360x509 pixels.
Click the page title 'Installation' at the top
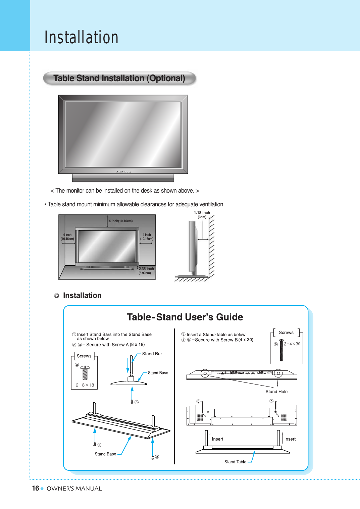(82, 37)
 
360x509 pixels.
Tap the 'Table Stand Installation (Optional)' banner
(119, 78)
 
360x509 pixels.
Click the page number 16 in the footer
(35, 488)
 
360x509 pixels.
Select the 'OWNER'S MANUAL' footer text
(74, 489)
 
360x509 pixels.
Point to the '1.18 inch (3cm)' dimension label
(202, 214)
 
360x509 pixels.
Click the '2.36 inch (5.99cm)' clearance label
(146, 270)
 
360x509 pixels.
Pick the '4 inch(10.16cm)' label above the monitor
(121, 221)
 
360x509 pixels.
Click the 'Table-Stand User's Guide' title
(185, 317)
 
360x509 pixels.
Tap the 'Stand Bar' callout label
(152, 354)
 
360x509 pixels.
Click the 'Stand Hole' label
(276, 392)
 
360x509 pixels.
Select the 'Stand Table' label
(235, 462)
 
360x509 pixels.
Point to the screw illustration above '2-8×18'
(85, 372)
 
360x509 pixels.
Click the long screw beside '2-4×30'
(281, 350)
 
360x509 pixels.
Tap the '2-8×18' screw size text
(85, 385)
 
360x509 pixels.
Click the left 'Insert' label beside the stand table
(217, 439)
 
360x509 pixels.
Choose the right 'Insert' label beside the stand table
(290, 439)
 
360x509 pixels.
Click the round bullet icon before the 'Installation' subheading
(57, 296)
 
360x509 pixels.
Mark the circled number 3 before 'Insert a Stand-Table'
(184, 335)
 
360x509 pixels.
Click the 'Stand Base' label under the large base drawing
(105, 454)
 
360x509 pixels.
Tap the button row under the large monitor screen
(123, 172)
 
